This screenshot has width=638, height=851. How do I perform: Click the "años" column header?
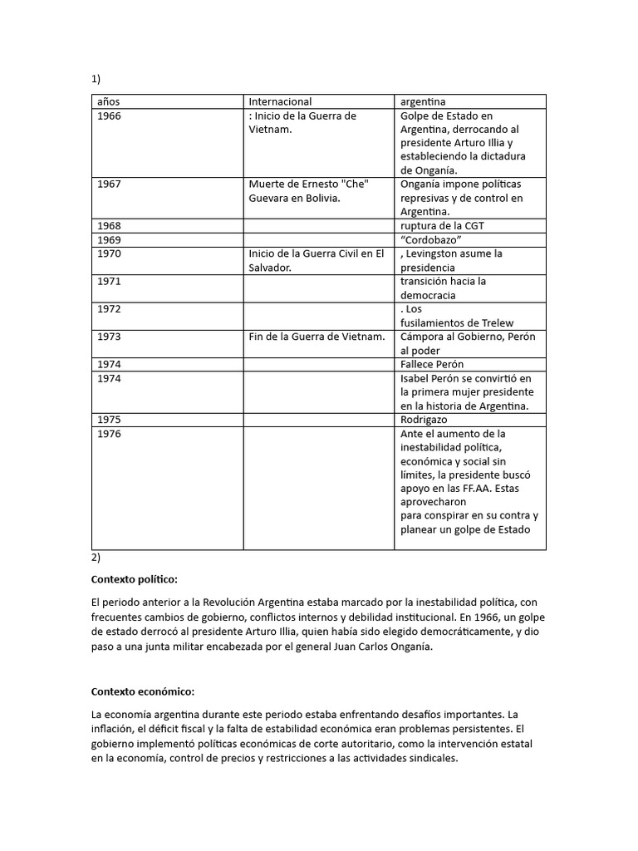pyautogui.click(x=109, y=101)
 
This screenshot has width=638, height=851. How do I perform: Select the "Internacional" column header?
pyautogui.click(x=280, y=101)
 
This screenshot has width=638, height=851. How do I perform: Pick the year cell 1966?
pyautogui.click(x=109, y=116)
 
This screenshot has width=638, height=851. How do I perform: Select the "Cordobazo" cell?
pyautogui.click(x=431, y=239)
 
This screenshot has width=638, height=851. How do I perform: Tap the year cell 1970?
pyautogui.click(x=109, y=253)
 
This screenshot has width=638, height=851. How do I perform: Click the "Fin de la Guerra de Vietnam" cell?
pyautogui.click(x=317, y=337)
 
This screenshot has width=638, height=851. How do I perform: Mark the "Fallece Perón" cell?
pyautogui.click(x=432, y=364)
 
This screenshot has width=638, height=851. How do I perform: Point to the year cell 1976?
pyautogui.click(x=109, y=434)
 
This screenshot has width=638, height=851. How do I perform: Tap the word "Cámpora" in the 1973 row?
pyautogui.click(x=423, y=337)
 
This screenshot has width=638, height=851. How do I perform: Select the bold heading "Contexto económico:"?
pyautogui.click(x=142, y=691)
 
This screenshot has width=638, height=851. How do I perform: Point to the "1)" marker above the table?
pyautogui.click(x=96, y=80)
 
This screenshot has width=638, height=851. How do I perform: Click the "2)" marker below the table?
pyautogui.click(x=96, y=558)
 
